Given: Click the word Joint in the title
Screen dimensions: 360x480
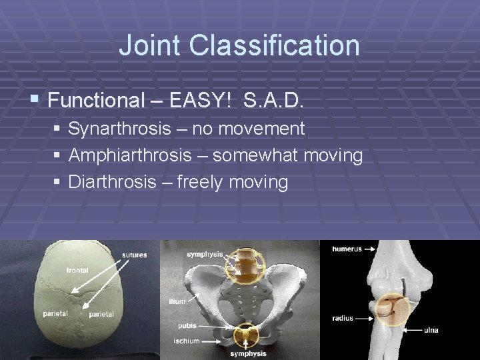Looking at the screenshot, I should coord(150,46).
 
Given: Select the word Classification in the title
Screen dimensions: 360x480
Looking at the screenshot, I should coord(275,46).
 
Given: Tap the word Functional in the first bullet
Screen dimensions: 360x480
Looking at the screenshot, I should coord(96,101).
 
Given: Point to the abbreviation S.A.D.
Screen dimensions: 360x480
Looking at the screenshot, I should coord(274,101).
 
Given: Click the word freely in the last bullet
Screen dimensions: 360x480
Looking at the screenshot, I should coord(203,182).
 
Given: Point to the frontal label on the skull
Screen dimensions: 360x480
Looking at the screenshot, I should coord(77,270).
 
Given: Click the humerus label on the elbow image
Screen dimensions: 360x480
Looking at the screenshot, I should coord(347,249).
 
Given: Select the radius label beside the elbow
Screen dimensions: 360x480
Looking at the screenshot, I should coord(343,318).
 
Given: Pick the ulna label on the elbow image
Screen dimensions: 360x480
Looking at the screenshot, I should coord(431,329).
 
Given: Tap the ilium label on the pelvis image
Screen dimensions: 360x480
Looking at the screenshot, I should coord(177,302).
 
